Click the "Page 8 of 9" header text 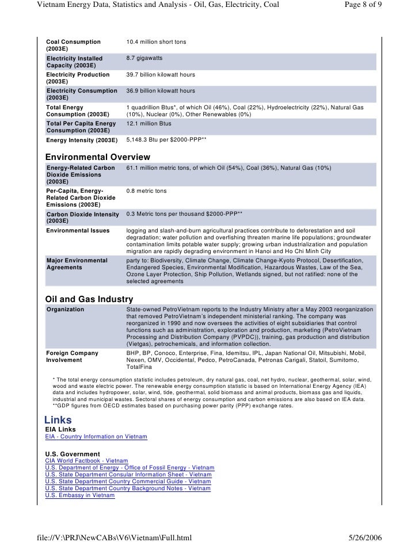pyautogui.click(x=359, y=6)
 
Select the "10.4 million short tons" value pyautogui.click(x=156, y=42)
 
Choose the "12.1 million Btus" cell pyautogui.click(x=148, y=123)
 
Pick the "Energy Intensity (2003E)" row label pyautogui.click(x=81, y=140)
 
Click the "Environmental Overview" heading pyautogui.click(x=97, y=157)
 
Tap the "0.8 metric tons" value pyautogui.click(x=146, y=190)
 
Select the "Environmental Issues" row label pyautogui.click(x=78, y=231)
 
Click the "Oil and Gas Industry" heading pyautogui.click(x=89, y=299)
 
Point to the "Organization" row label pyautogui.click(x=65, y=309)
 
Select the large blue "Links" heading pyautogui.click(x=58, y=420)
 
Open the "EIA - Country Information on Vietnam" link pyautogui.click(x=96, y=437)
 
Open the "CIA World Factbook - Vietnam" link pyautogui.click(x=86, y=461)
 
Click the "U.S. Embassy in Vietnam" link pyautogui.click(x=80, y=495)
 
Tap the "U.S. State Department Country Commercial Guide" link pyautogui.click(x=128, y=482)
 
